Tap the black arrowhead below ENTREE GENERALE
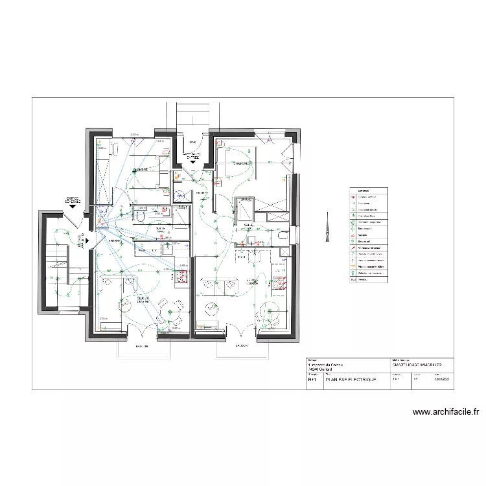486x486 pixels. (73, 207)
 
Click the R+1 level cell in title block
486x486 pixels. (312, 381)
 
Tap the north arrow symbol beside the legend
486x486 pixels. (326, 229)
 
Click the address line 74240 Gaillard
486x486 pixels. (323, 370)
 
